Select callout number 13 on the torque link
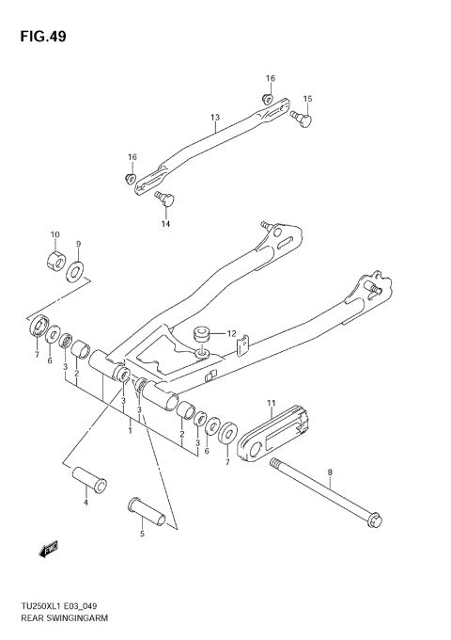point(214,118)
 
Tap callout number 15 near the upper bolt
point(307,98)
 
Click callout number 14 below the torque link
point(165,224)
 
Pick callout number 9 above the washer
point(79,243)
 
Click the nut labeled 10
point(54,259)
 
